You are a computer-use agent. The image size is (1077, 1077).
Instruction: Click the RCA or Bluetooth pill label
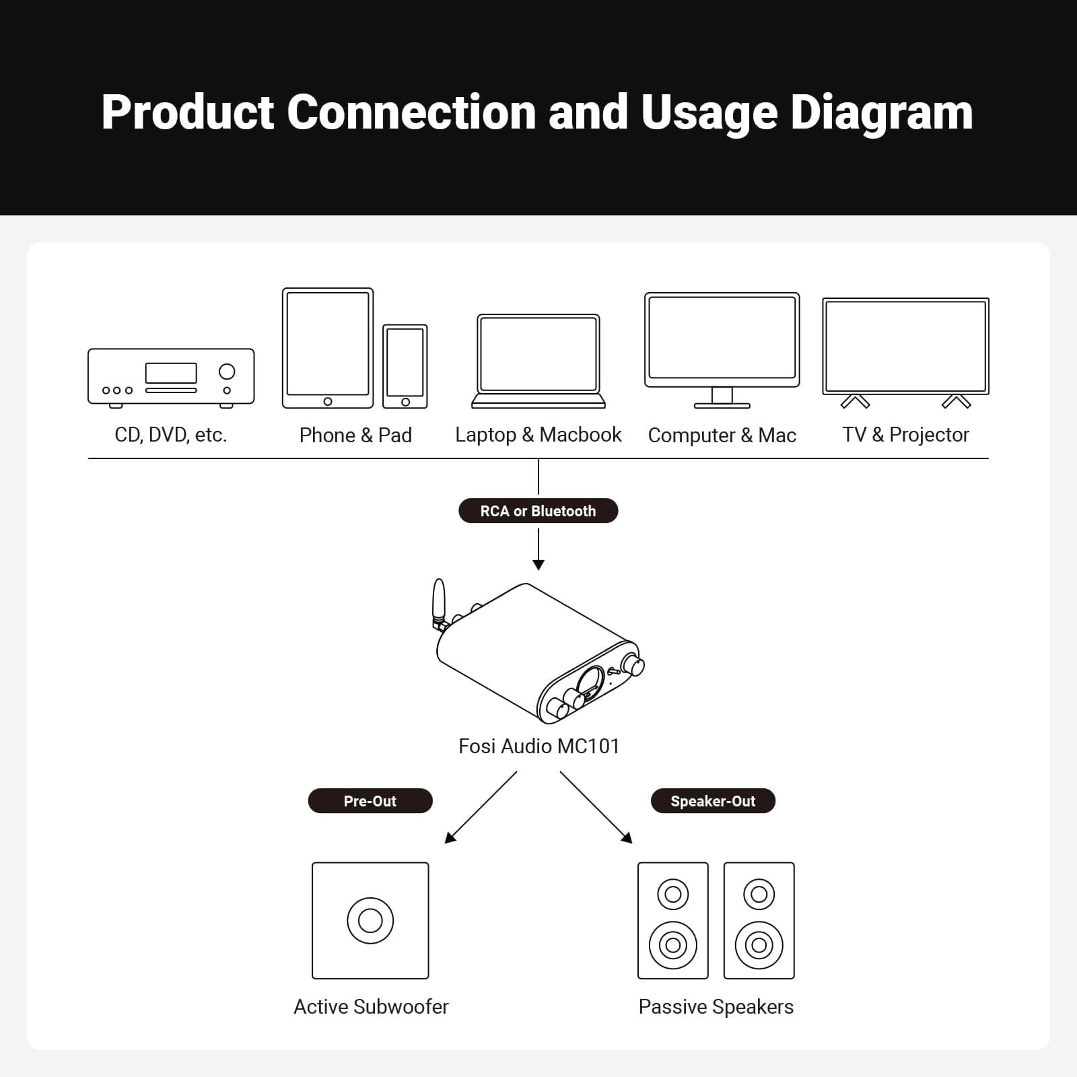click(x=538, y=511)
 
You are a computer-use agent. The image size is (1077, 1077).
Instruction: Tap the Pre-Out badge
click(x=370, y=801)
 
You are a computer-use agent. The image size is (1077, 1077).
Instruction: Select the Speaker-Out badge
click(x=713, y=801)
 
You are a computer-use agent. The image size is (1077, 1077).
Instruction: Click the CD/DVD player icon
click(x=171, y=378)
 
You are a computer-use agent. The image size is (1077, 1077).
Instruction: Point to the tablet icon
click(x=328, y=348)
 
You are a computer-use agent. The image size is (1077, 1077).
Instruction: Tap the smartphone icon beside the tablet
click(x=405, y=366)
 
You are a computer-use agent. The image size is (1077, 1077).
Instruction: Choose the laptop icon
click(x=538, y=361)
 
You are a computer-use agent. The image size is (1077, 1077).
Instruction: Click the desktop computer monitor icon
click(x=722, y=349)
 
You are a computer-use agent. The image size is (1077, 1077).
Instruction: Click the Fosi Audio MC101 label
click(x=538, y=746)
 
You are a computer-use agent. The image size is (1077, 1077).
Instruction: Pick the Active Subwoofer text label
click(x=371, y=1007)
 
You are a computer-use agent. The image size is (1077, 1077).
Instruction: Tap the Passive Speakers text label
click(x=716, y=1007)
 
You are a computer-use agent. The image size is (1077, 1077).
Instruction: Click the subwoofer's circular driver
click(x=370, y=920)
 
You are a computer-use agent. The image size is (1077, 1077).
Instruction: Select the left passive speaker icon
click(x=673, y=920)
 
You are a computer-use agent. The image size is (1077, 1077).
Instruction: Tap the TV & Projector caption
click(x=905, y=435)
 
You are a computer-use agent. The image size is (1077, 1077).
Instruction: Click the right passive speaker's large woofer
click(x=759, y=945)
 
